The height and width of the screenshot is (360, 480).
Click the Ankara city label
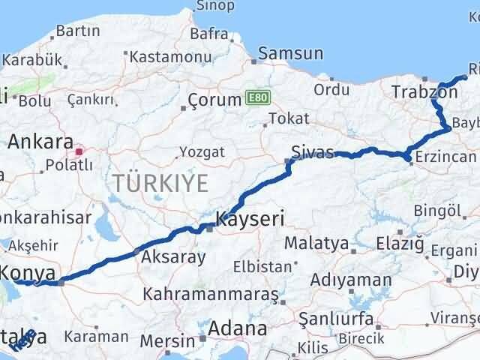pyautogui.click(x=40, y=142)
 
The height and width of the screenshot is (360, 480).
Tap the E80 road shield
pyautogui.click(x=254, y=98)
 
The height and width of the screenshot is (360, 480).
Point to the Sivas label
pyautogui.click(x=313, y=152)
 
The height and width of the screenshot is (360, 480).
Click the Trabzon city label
pyautogui.click(x=424, y=93)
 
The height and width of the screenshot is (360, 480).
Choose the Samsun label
pyautogui.click(x=291, y=54)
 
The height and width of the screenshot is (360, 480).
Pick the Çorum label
pyautogui.click(x=213, y=100)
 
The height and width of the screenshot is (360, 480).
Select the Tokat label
pyautogui.click(x=289, y=118)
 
